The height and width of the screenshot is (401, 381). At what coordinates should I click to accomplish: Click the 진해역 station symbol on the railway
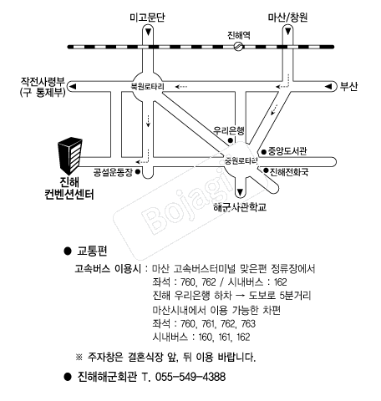pos(238,47)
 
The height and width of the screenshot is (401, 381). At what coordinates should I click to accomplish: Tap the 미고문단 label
pos(147,18)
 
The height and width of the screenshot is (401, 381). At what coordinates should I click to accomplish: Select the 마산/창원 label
pos(287,18)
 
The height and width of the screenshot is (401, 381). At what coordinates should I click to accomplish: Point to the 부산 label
pos(348,87)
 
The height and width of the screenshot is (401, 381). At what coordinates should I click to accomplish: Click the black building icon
pos(70,155)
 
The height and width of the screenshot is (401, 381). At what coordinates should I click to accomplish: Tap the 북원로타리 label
pos(148,86)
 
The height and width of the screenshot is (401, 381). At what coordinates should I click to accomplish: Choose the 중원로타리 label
pos(241,161)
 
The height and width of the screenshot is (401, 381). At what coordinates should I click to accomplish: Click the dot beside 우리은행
pos(231,140)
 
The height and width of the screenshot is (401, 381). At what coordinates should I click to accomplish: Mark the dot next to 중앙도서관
pos(264,152)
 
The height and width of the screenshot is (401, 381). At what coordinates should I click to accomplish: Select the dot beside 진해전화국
pos(266,170)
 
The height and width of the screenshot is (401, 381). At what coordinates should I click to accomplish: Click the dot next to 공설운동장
pos(138,172)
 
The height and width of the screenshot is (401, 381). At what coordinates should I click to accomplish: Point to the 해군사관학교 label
pos(240,207)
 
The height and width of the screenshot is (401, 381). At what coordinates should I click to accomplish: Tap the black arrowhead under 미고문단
pos(149,32)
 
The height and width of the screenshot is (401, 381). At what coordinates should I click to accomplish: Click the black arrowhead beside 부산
pos(328,87)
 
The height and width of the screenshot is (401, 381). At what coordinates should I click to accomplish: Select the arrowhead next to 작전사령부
pos(73,87)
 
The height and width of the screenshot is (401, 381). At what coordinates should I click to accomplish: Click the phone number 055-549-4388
pos(190,377)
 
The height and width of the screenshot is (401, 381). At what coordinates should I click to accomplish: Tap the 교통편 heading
pos(92,251)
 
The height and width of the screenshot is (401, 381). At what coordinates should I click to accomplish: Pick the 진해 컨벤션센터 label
pos(69,189)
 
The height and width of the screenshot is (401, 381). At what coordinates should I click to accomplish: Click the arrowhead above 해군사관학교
pos(240,192)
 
